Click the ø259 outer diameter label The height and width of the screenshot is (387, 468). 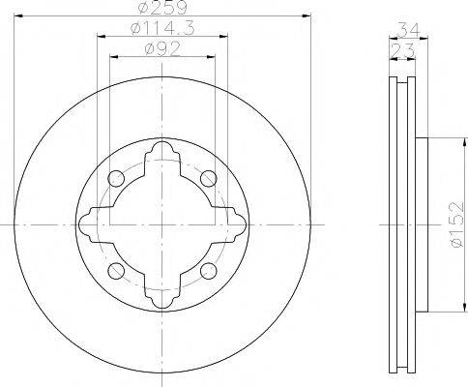(161, 9)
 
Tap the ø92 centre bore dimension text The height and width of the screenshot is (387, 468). (160, 49)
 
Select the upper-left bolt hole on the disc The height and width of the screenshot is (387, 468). (115, 178)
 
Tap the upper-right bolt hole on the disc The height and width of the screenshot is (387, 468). (206, 178)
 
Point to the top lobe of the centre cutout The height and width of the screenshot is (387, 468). (161, 152)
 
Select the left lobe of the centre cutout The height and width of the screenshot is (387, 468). (90, 223)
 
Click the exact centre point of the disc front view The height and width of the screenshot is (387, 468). (161, 223)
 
